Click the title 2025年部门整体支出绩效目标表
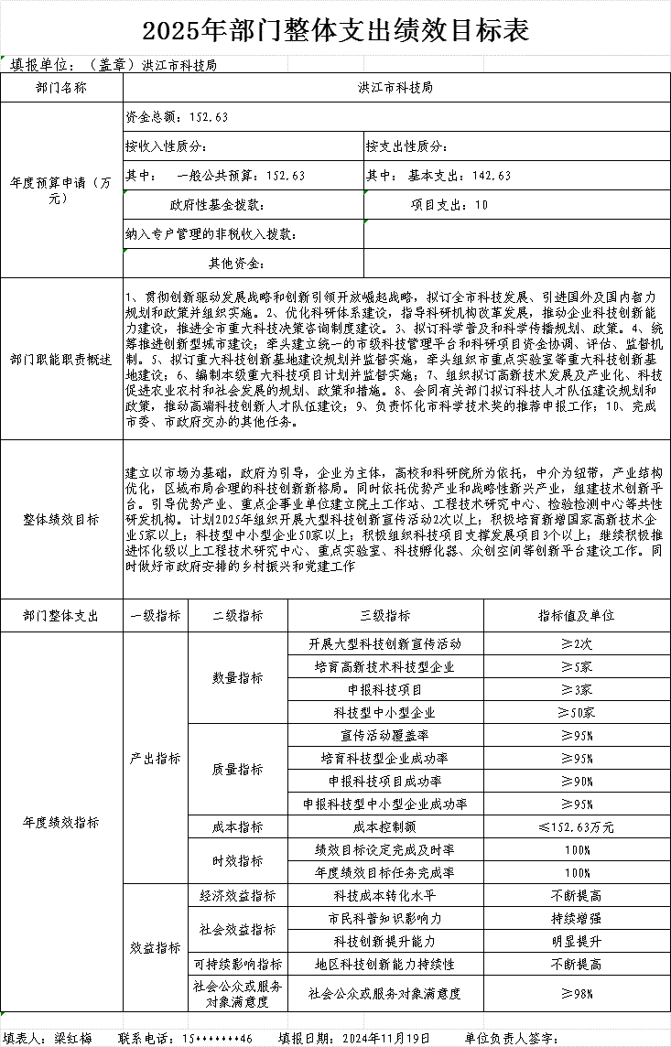click(x=335, y=30)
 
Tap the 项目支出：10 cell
click(x=449, y=205)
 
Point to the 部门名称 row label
click(x=62, y=88)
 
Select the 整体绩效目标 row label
click(x=62, y=520)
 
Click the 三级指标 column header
click(x=385, y=616)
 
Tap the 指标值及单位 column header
click(x=577, y=616)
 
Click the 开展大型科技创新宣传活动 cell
click(x=385, y=644)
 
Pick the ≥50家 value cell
click(x=577, y=712)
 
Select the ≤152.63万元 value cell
click(x=577, y=826)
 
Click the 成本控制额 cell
click(x=385, y=826)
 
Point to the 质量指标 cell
click(x=237, y=770)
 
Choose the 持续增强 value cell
click(x=577, y=918)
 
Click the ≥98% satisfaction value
click(x=577, y=993)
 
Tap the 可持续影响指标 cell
click(x=237, y=964)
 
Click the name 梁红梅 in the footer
click(x=72, y=1038)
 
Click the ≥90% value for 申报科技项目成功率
click(x=577, y=781)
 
